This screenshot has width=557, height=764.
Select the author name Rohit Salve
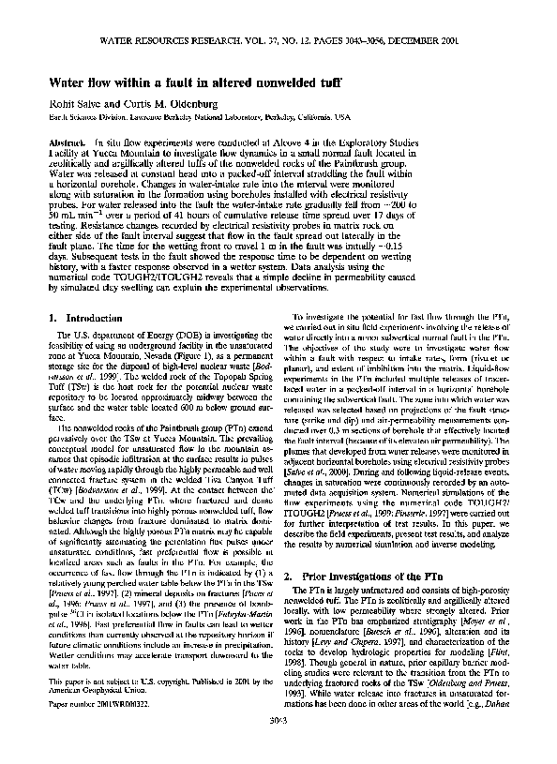pos(76,103)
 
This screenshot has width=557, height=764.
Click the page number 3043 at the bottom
pos(278,746)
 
